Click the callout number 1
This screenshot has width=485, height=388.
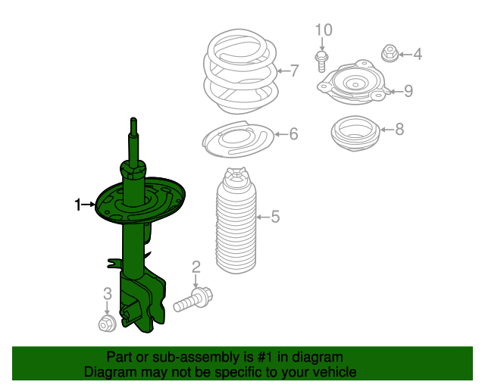coord(77,205)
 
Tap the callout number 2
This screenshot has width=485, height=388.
coord(196,267)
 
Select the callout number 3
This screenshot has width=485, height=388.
coord(108,293)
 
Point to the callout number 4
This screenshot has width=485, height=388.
coord(418,55)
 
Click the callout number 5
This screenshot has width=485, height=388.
coord(275,217)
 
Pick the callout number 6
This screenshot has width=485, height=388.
coord(293,134)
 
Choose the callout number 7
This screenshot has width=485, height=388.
coord(295,70)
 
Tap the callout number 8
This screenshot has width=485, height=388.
coord(399,129)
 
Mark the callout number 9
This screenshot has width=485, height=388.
coord(408,91)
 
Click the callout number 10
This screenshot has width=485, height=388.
coord(324,30)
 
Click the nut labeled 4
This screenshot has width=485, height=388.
coord(390,54)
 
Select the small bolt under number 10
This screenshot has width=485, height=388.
coord(321,62)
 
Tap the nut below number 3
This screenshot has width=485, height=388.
coord(107,324)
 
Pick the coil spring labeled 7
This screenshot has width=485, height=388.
coord(241,72)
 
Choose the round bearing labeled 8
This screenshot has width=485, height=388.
coord(355,133)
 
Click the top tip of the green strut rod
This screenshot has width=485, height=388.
coord(133,118)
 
